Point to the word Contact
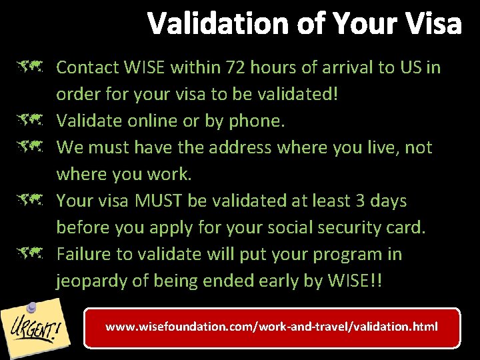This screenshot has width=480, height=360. (x=85, y=67)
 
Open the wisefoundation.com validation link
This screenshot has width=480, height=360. (x=272, y=327)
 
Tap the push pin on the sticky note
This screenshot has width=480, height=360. (x=31, y=307)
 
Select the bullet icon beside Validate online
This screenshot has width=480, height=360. (x=31, y=121)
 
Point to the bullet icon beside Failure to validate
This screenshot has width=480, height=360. (x=31, y=254)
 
